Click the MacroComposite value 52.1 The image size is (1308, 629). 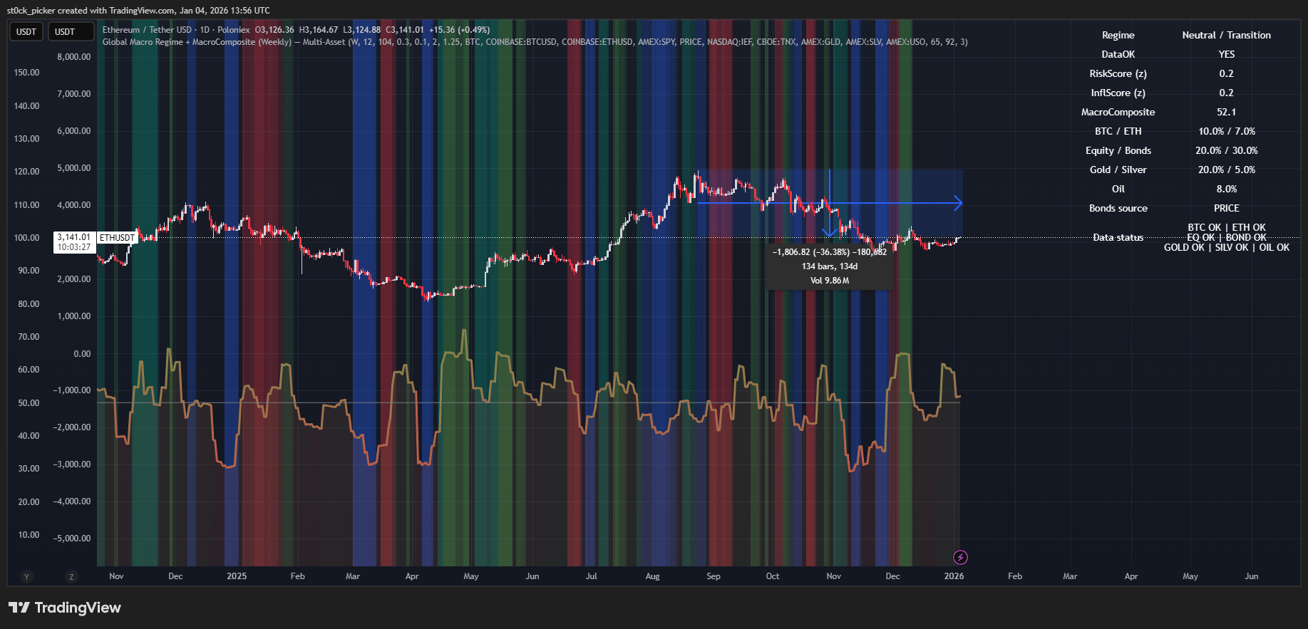[1226, 112]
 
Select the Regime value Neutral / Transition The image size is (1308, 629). [1226, 35]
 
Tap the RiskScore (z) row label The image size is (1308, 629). [1118, 73]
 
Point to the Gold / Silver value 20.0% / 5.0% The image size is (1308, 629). [1226, 170]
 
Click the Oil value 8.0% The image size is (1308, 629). [1226, 189]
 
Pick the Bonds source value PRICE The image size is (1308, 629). [1226, 208]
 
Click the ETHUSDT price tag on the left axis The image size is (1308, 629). [116, 237]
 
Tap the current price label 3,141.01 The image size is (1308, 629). [74, 237]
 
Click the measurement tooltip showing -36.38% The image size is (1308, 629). [829, 266]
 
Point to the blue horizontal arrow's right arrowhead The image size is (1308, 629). [959, 203]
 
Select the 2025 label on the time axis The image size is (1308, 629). [237, 576]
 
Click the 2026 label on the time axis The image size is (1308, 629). [954, 576]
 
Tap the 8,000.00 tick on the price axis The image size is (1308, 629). [74, 57]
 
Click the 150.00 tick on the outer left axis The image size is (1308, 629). [27, 73]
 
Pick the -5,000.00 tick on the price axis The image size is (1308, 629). [72, 539]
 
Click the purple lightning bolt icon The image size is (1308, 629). [960, 557]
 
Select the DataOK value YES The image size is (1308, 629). [1226, 54]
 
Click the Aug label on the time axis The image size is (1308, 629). [652, 576]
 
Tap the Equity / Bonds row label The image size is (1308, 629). [1118, 150]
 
